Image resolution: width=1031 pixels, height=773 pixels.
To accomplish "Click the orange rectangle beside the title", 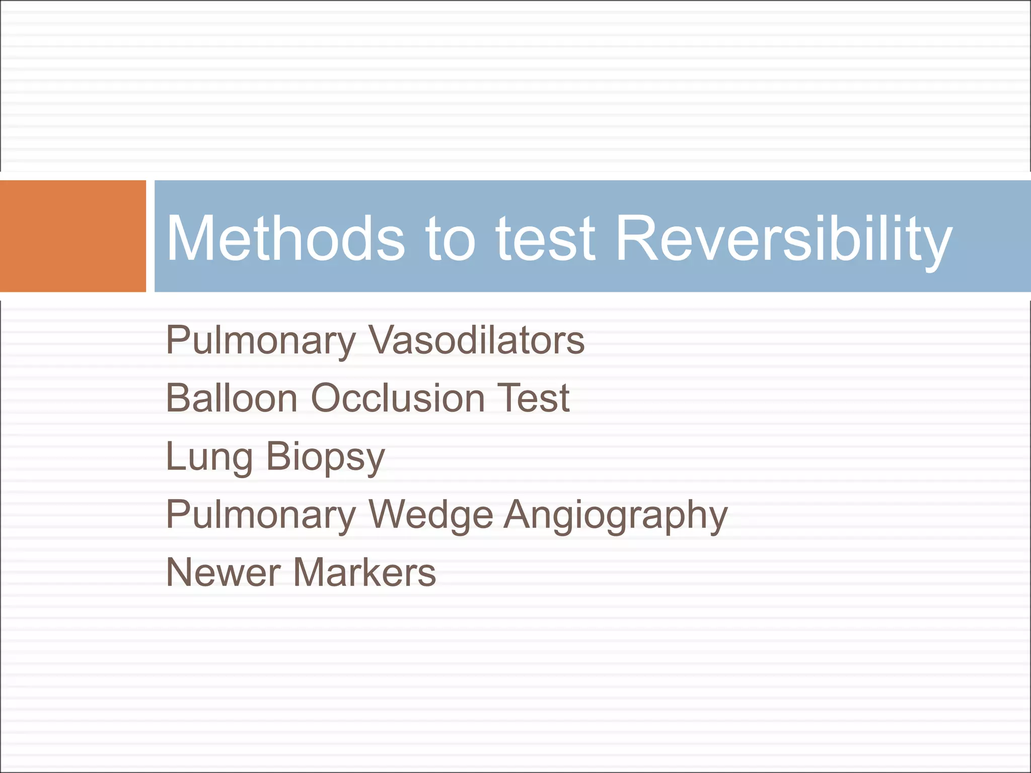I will [x=72, y=236].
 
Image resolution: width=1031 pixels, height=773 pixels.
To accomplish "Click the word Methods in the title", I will [x=285, y=238].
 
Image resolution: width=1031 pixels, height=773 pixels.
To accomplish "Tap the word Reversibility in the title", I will [x=783, y=238].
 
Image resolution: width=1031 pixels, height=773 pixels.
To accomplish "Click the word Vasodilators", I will [x=476, y=340].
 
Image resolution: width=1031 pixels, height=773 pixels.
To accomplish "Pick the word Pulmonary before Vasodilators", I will [x=261, y=340].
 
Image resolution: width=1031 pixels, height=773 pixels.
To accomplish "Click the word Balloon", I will [x=232, y=398].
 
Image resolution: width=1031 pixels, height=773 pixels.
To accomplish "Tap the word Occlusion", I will [x=398, y=398].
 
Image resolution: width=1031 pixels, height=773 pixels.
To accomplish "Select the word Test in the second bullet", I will [x=533, y=398].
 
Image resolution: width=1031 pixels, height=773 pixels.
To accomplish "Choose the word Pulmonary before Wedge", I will [x=261, y=515].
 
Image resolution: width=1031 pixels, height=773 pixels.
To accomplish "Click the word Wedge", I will [x=431, y=515].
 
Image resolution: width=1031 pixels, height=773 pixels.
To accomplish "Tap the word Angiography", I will [x=616, y=515].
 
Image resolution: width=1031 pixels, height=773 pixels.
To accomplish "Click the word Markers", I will [x=364, y=573].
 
